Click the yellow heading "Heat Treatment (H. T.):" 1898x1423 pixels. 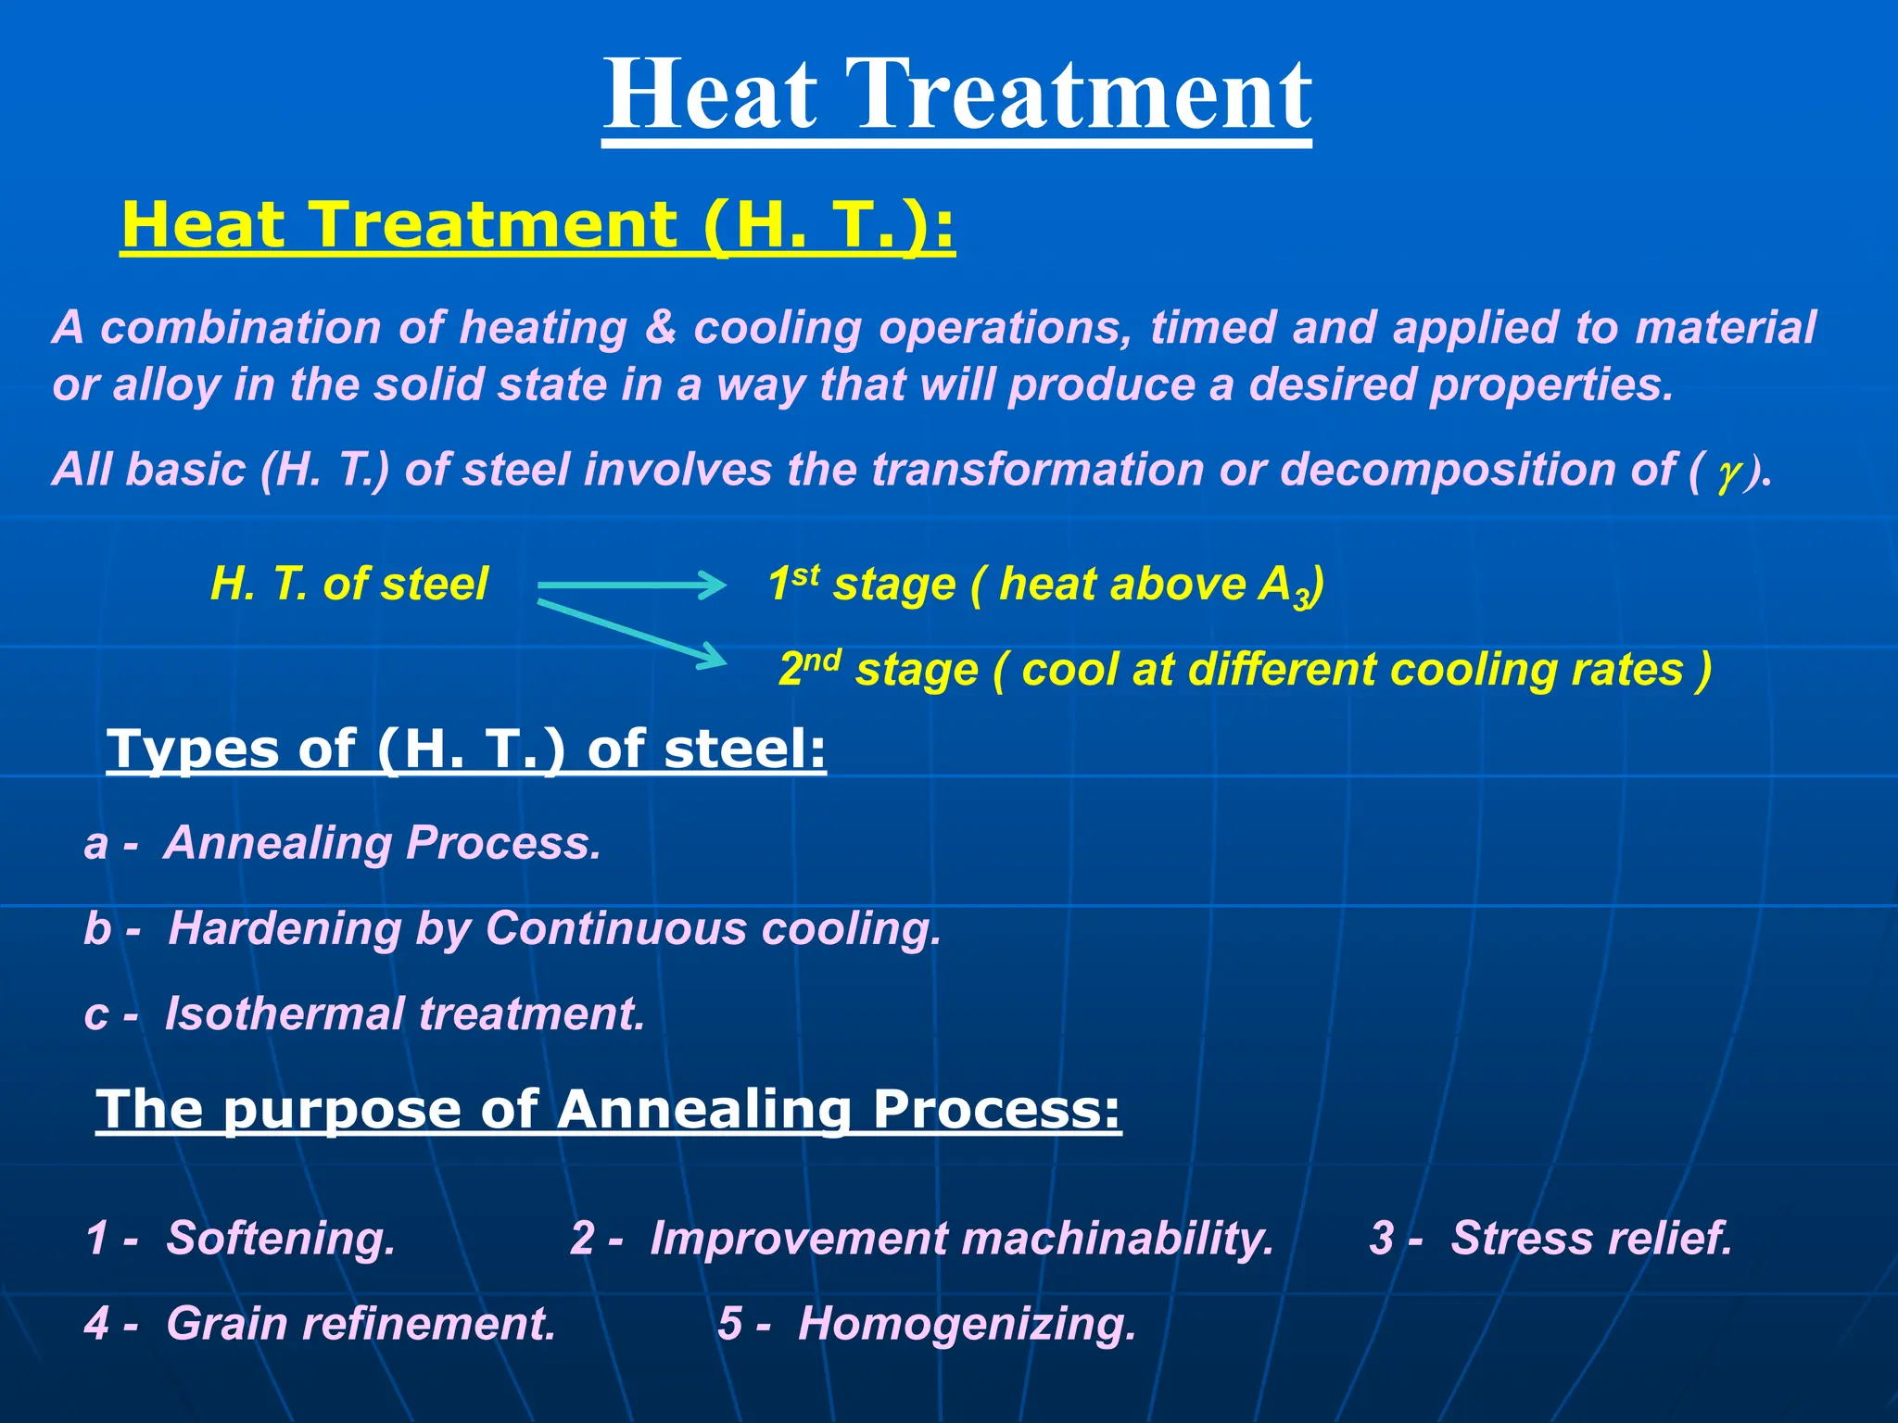click(x=538, y=225)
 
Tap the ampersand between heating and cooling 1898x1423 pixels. click(x=660, y=327)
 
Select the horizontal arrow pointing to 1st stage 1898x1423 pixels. click(x=632, y=585)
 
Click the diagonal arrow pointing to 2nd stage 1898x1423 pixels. click(x=632, y=632)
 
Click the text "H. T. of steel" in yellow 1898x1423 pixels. click(x=349, y=585)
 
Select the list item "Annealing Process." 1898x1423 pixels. click(x=383, y=844)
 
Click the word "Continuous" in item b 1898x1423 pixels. click(x=615, y=928)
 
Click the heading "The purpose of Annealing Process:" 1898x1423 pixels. click(x=609, y=1109)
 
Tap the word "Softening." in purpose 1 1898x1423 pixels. click(x=281, y=1239)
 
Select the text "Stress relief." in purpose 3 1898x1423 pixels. click(x=1591, y=1238)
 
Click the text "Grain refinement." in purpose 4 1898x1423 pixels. click(x=361, y=1323)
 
